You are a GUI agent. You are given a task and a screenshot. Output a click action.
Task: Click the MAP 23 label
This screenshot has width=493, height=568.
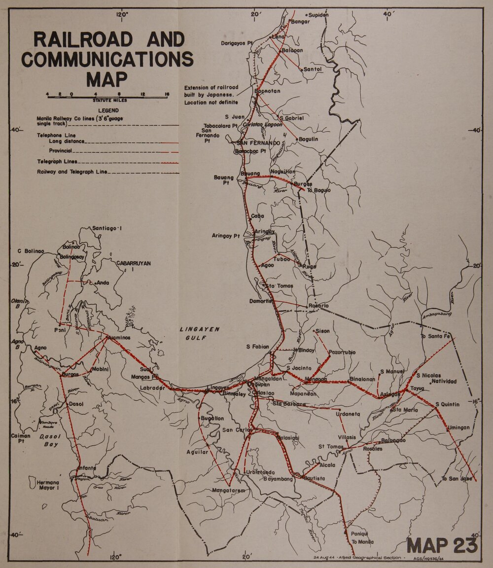click(x=442, y=545)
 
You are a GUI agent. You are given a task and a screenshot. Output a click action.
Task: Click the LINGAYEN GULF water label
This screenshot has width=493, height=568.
click(x=199, y=333)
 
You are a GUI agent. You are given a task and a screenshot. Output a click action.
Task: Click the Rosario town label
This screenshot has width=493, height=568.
click(x=318, y=306)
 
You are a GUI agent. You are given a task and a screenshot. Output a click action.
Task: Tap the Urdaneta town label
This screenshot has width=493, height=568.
click(x=348, y=414)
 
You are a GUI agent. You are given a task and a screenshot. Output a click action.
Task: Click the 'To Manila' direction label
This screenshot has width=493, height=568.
click(x=362, y=542)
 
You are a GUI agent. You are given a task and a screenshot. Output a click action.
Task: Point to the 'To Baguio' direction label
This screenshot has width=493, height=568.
click(x=318, y=190)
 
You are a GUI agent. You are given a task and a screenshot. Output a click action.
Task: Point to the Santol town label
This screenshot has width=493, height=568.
click(x=313, y=70)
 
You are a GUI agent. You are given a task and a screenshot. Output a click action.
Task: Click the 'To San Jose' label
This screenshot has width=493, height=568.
click(x=457, y=478)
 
